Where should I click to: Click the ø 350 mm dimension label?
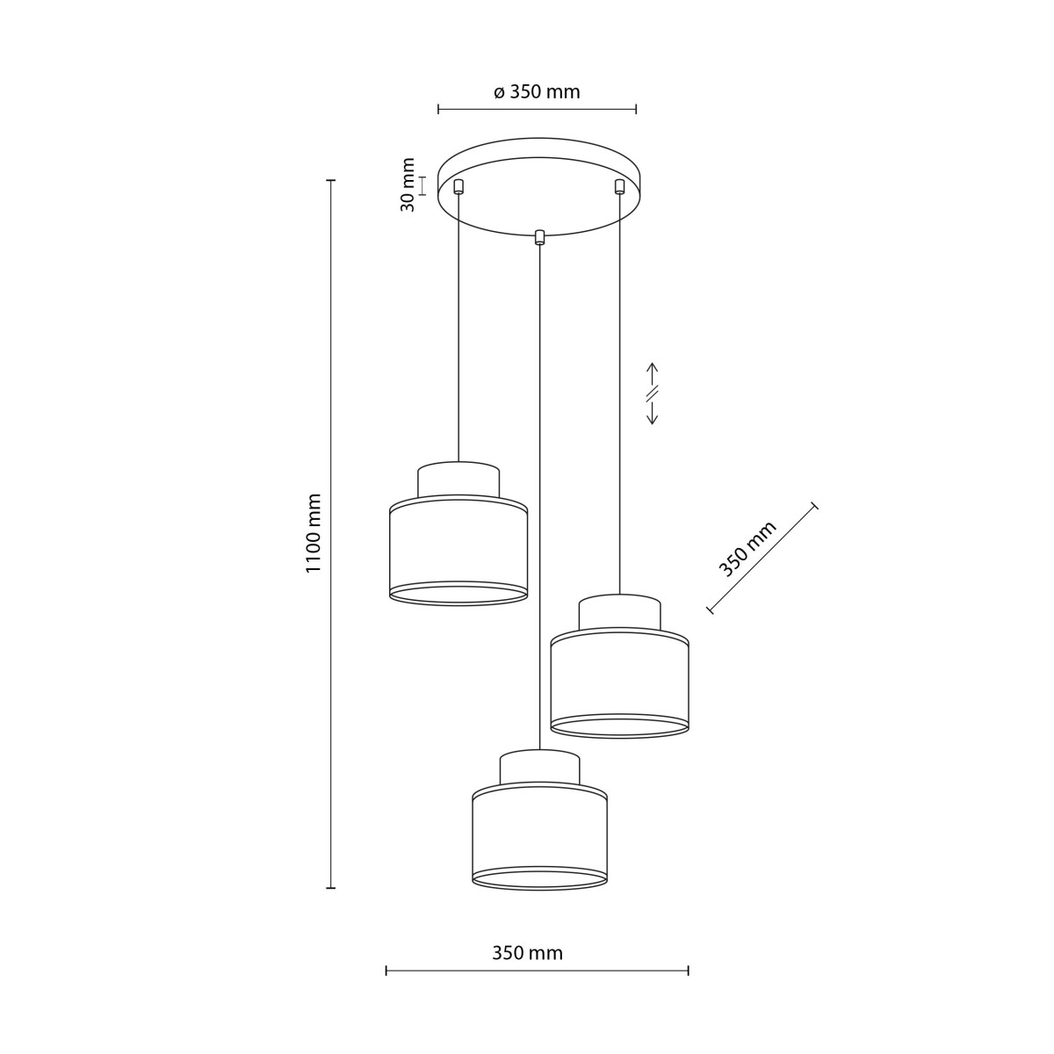click(x=537, y=92)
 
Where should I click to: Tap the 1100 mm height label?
click(x=314, y=533)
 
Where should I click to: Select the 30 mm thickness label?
click(x=408, y=184)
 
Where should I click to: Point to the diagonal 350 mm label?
click(x=747, y=548)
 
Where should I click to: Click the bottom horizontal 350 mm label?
click(x=527, y=953)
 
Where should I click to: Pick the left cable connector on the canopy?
click(x=458, y=185)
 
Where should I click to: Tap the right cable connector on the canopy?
click(x=619, y=185)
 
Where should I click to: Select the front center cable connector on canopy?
click(x=539, y=236)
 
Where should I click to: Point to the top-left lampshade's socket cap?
click(x=458, y=480)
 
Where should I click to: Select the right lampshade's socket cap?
click(x=619, y=612)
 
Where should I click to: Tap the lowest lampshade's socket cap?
click(x=539, y=768)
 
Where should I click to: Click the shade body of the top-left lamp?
click(x=458, y=549)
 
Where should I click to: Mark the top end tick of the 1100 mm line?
click(x=331, y=181)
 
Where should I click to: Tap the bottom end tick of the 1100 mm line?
click(x=331, y=888)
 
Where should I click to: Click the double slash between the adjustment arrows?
click(x=653, y=392)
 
